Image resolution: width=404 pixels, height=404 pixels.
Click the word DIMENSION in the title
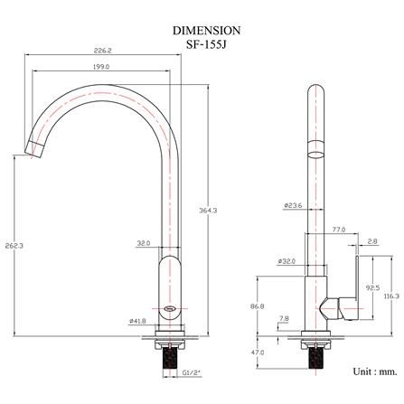206,31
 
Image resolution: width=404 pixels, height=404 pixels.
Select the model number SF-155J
206,44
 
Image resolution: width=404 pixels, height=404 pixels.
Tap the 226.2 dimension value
102,51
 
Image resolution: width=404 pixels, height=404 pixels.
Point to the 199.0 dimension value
101,67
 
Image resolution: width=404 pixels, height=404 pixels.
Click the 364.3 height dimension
208,211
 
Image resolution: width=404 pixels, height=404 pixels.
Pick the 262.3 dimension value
14,246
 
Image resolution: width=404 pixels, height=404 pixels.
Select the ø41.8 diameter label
137,321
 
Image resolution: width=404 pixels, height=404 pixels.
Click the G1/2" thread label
192,373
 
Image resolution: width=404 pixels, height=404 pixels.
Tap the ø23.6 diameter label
293,205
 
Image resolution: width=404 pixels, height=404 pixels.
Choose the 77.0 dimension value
339,230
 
